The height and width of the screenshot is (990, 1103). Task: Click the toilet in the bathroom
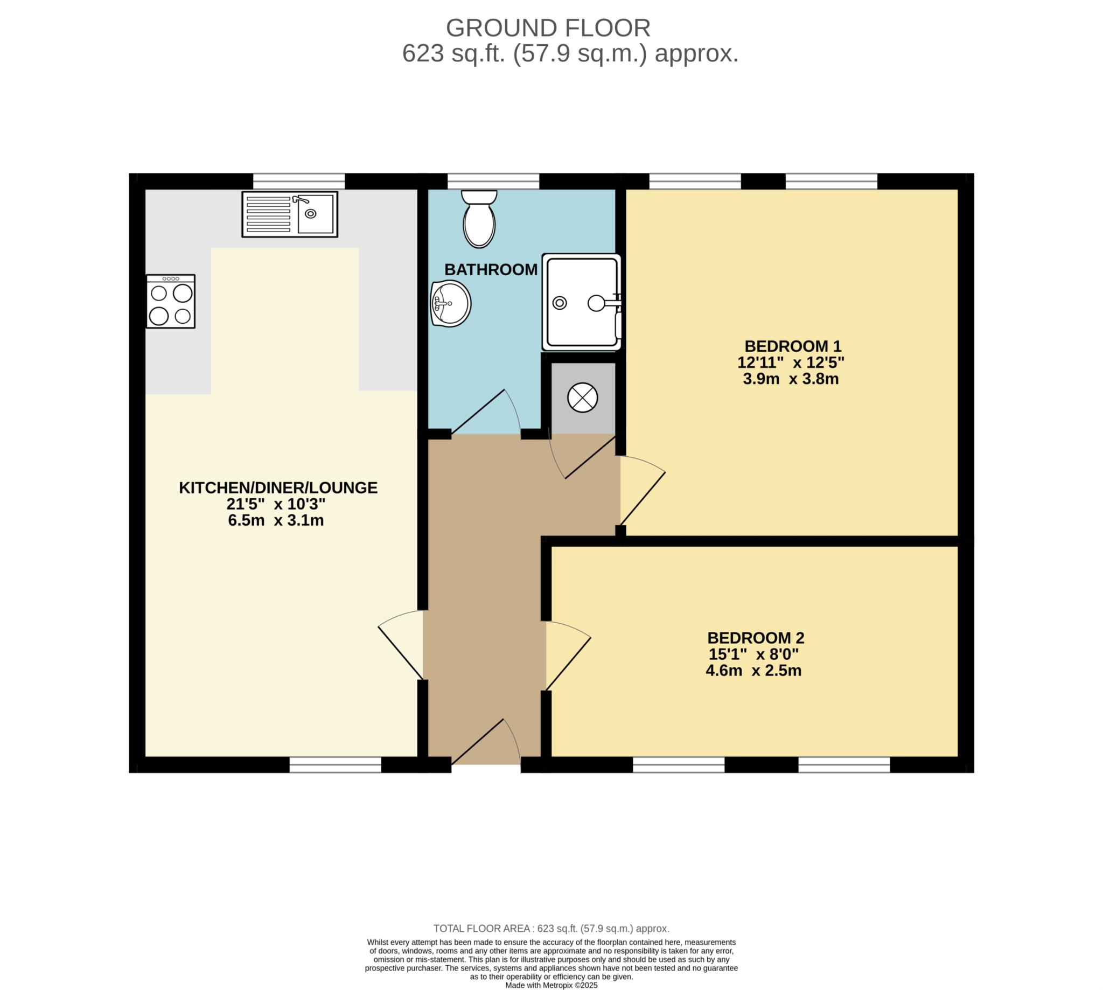[x=479, y=219]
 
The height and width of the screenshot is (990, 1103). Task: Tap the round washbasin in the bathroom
[x=451, y=304]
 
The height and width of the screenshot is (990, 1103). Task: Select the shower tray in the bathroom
[x=582, y=302]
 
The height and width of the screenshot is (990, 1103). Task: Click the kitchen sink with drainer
[x=290, y=214]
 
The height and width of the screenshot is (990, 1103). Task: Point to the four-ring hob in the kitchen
[x=171, y=301]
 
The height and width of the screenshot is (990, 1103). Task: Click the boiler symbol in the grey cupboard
[x=583, y=398]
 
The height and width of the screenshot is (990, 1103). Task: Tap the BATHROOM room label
[x=491, y=270]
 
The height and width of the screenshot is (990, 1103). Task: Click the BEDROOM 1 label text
[x=793, y=346]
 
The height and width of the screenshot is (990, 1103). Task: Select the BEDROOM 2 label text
[x=756, y=638]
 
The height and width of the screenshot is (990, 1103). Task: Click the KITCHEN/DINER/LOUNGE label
[x=278, y=487]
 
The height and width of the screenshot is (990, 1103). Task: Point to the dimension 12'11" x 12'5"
[x=791, y=362]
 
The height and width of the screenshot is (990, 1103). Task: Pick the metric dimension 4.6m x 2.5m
[x=754, y=671]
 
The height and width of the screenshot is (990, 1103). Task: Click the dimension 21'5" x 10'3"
[x=276, y=504]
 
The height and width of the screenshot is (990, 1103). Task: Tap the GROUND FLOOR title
[x=548, y=28]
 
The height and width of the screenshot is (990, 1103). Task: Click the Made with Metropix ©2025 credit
[x=551, y=985]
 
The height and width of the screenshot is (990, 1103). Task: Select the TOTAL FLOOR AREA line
[x=551, y=929]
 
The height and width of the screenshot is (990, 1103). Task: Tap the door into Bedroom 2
[x=568, y=656]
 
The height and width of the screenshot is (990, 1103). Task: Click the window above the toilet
[x=493, y=181]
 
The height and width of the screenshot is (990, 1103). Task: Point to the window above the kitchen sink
[x=299, y=181]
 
